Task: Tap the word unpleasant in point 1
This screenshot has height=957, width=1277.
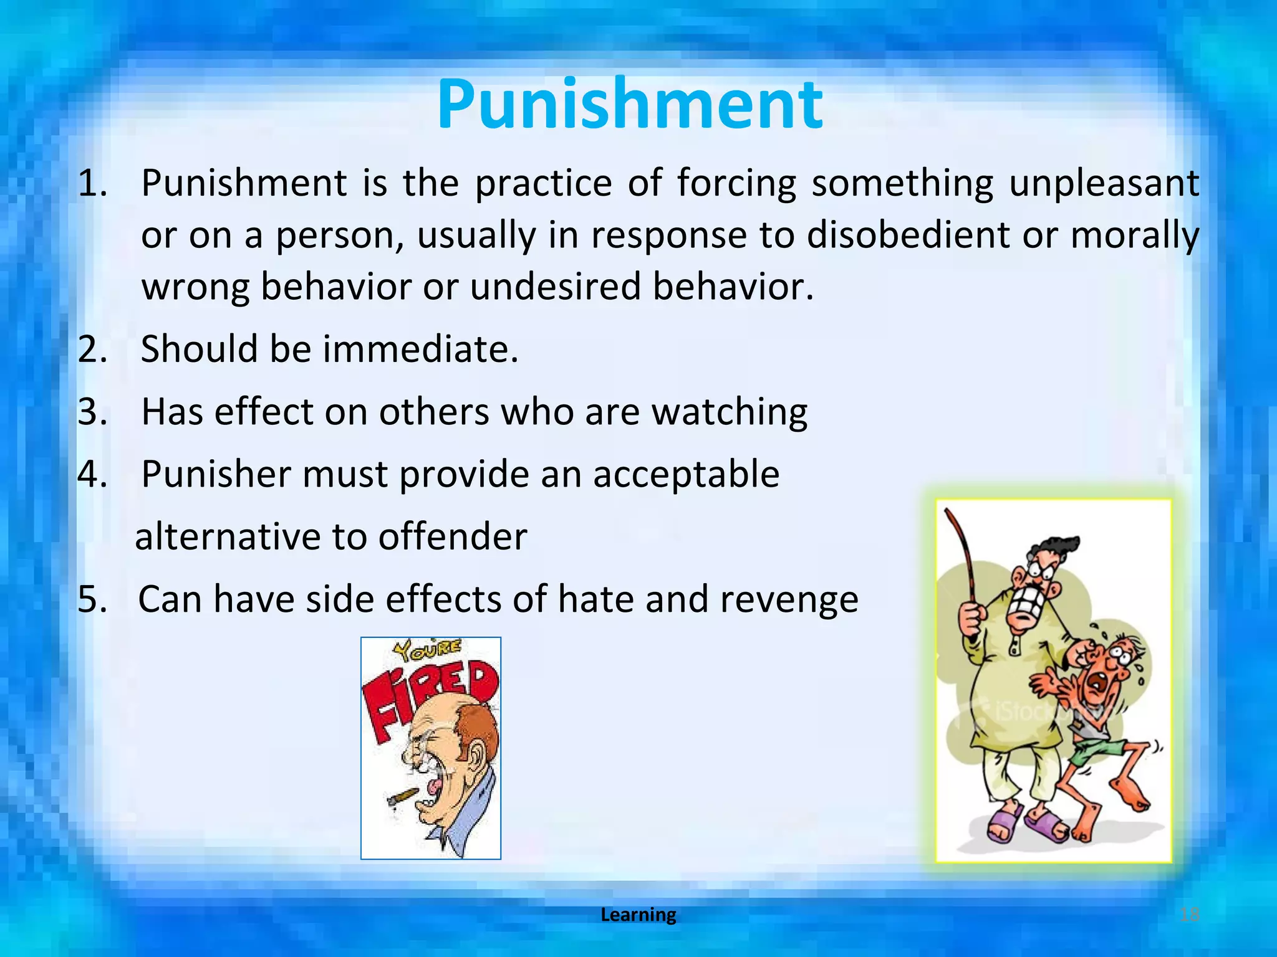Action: (1104, 184)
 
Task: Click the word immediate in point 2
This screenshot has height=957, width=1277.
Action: (420, 349)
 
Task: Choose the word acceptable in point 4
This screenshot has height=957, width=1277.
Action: (686, 475)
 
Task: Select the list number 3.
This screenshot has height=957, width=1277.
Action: (92, 412)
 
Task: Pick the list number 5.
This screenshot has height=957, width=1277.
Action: (92, 600)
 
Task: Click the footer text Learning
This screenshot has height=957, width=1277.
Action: (638, 915)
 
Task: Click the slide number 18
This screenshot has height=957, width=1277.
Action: (1190, 915)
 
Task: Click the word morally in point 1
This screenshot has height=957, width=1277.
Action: (1135, 236)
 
